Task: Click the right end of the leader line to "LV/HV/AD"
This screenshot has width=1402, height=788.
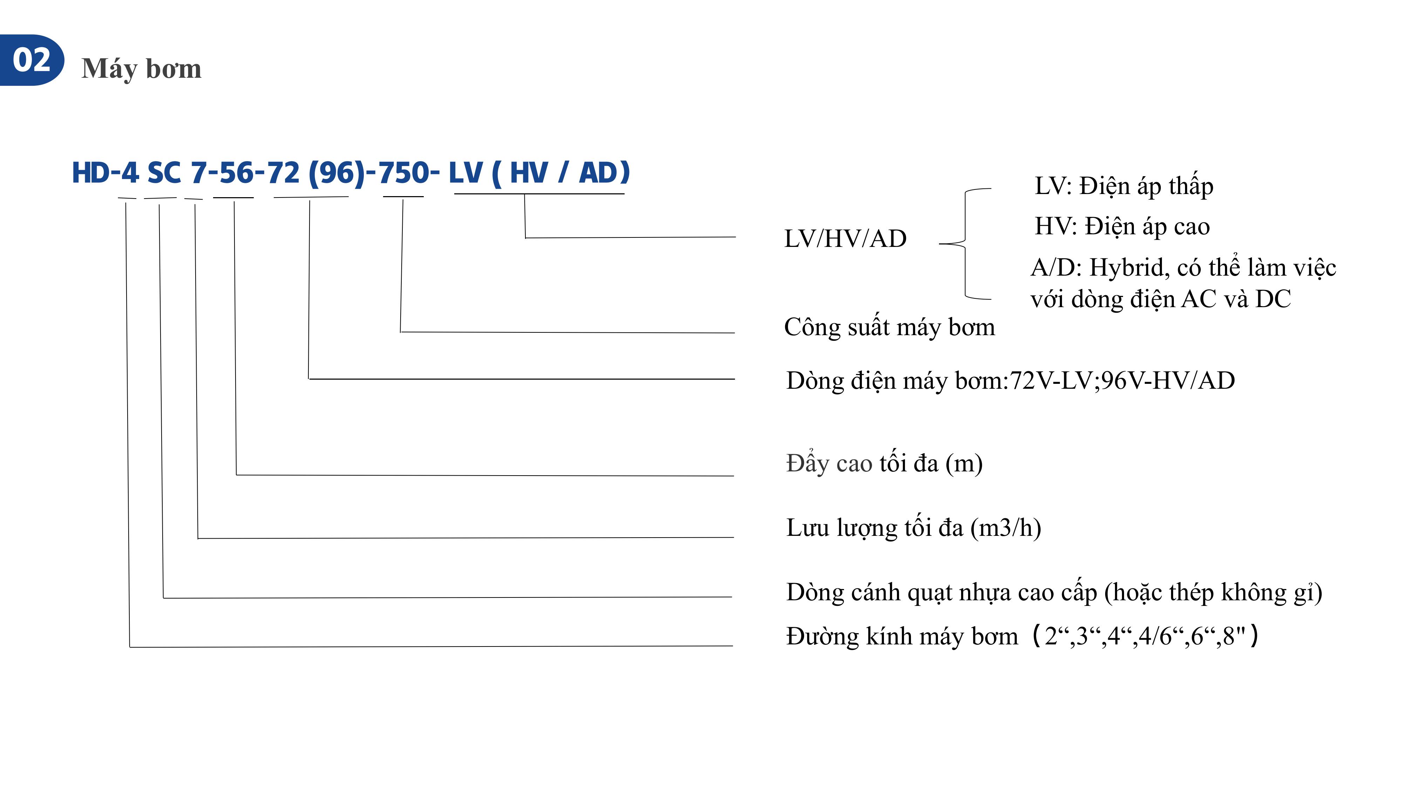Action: [x=735, y=237]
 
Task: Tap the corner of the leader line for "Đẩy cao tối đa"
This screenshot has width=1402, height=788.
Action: [x=236, y=475]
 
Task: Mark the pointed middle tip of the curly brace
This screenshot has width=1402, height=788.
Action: [x=940, y=244]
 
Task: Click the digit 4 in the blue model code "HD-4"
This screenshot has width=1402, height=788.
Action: [x=130, y=173]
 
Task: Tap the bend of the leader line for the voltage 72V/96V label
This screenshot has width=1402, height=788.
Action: [x=308, y=379]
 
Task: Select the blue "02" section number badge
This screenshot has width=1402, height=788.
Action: [x=32, y=60]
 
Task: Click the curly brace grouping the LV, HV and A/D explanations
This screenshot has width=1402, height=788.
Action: [x=966, y=244]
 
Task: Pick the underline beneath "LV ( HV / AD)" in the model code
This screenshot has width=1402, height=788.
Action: [x=539, y=194]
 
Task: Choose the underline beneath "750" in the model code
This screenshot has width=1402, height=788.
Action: [x=403, y=196]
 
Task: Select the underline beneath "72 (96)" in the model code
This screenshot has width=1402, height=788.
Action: [x=311, y=197]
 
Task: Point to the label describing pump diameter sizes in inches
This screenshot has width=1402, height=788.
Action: [x=1022, y=636]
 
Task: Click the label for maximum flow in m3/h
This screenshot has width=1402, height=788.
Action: [x=914, y=527]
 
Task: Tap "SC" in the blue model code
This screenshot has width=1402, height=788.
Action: [x=164, y=173]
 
